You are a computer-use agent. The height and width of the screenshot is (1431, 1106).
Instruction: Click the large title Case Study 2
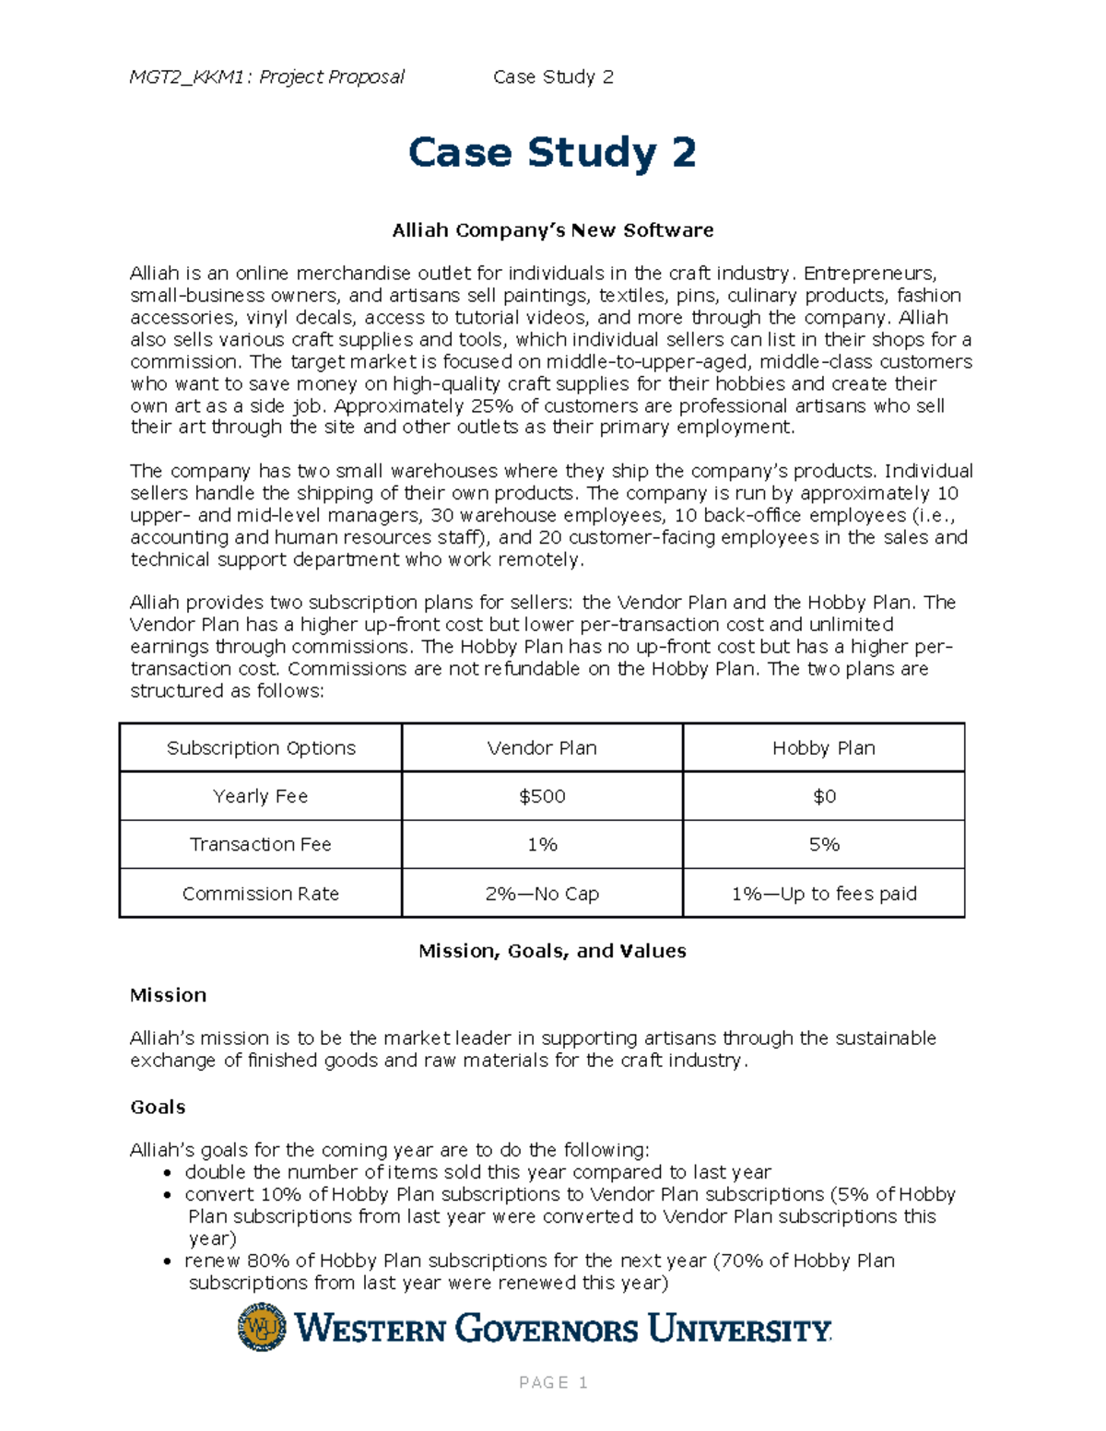pyautogui.click(x=552, y=152)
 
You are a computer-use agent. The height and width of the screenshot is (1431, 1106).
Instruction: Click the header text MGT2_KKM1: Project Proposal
pyautogui.click(x=266, y=76)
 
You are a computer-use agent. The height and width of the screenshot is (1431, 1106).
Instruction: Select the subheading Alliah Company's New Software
pyautogui.click(x=552, y=230)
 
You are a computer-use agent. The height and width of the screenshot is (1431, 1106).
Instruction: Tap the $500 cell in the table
pyautogui.click(x=542, y=796)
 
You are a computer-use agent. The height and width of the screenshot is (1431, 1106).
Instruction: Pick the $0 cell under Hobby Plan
pyautogui.click(x=824, y=796)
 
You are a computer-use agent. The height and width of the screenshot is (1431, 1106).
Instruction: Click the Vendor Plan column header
pyautogui.click(x=542, y=748)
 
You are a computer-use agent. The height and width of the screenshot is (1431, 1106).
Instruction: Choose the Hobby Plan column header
pyautogui.click(x=824, y=748)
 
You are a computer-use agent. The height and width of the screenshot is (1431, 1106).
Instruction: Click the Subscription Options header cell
pyautogui.click(x=261, y=748)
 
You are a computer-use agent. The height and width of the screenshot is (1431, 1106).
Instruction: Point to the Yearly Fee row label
pyautogui.click(x=261, y=796)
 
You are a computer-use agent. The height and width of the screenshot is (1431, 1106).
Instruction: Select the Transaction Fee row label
pyautogui.click(x=261, y=844)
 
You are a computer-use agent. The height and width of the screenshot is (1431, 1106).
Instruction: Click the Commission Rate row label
pyautogui.click(x=261, y=894)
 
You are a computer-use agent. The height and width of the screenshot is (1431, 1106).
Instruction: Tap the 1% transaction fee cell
pyautogui.click(x=542, y=844)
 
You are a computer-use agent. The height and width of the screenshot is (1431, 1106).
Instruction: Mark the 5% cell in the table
pyautogui.click(x=824, y=844)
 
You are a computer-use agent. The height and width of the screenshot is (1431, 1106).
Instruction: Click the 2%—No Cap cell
pyautogui.click(x=542, y=894)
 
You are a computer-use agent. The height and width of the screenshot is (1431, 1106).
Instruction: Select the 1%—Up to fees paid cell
pyautogui.click(x=824, y=894)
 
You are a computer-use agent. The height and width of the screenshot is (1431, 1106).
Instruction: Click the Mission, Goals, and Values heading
pyautogui.click(x=552, y=951)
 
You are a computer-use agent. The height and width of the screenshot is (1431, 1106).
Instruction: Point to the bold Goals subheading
pyautogui.click(x=158, y=1107)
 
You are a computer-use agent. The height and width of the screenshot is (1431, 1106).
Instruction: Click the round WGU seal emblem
pyautogui.click(x=262, y=1327)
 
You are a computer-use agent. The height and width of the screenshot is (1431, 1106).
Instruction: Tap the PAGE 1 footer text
pyautogui.click(x=553, y=1382)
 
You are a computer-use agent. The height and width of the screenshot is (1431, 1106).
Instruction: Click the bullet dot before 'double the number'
pyautogui.click(x=167, y=1173)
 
